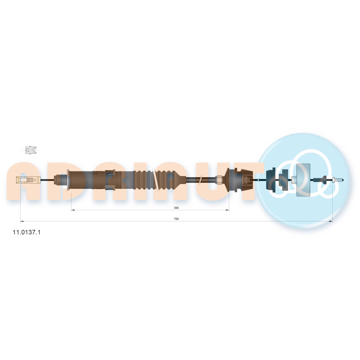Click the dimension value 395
(176, 208)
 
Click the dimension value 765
(176, 219)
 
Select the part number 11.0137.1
(26, 232)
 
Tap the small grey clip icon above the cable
(31, 150)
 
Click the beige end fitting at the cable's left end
(28, 180)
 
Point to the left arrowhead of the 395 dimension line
(73, 210)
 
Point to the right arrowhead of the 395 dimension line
(228, 210)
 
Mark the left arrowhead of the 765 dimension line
(22, 221)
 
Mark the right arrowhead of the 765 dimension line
(331, 221)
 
